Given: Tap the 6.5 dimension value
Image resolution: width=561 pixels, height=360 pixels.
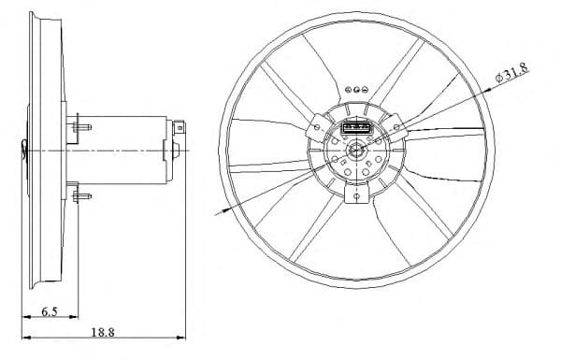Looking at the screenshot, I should point(50,314).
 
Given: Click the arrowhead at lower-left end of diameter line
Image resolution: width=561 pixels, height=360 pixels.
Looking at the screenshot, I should point(222,212).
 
